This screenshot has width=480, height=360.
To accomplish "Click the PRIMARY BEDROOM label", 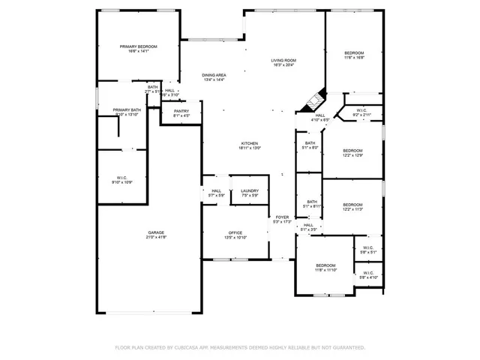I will [x=137, y=46].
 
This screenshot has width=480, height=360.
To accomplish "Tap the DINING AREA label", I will [x=214, y=75].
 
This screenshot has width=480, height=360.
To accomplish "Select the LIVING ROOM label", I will [x=283, y=60].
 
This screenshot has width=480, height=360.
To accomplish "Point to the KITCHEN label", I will [x=249, y=143].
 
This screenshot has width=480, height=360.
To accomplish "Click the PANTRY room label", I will [x=181, y=111].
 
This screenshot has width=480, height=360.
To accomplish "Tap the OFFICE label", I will [x=235, y=233].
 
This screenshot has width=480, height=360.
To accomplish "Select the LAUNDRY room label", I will [x=250, y=191].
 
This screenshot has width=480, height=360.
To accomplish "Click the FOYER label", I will [x=281, y=217].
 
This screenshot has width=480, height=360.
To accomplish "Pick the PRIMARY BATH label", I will [x=127, y=110].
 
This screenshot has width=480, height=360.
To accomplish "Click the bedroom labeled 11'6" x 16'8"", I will [x=354, y=52].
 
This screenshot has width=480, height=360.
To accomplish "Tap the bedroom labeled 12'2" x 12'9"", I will [x=352, y=150].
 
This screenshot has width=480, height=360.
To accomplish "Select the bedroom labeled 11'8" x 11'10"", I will [x=325, y=265].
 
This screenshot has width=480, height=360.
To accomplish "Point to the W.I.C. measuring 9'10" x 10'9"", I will [x=121, y=178].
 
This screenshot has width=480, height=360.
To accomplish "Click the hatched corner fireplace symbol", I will [x=316, y=98].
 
